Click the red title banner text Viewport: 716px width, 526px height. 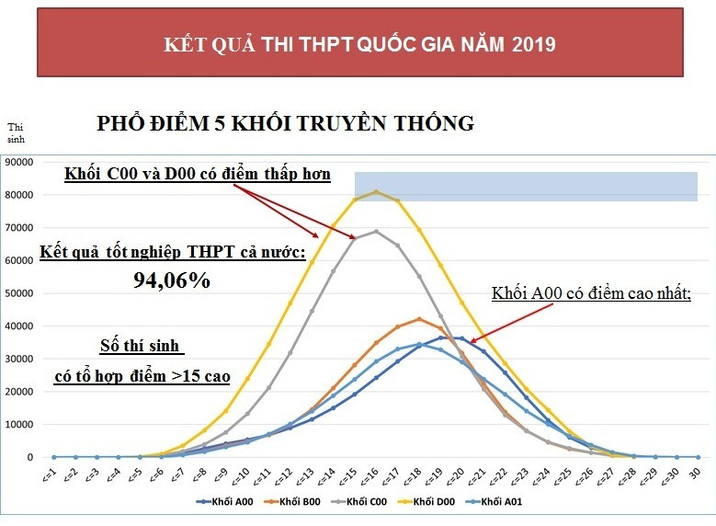(358, 43)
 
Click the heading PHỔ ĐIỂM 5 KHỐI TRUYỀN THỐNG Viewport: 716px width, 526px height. (285, 123)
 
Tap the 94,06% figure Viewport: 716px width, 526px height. (172, 281)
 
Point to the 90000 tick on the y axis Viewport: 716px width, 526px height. (19, 162)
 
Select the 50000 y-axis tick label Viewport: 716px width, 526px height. (19, 293)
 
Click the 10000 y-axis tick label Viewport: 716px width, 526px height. (19, 425)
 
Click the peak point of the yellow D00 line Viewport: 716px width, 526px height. (376, 191)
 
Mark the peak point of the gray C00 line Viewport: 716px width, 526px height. (376, 231)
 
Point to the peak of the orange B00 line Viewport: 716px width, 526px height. (419, 319)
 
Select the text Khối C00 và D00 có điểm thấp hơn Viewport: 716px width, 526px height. (197, 174)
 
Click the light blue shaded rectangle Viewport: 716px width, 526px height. (526, 186)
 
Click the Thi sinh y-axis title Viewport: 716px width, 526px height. (17, 133)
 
